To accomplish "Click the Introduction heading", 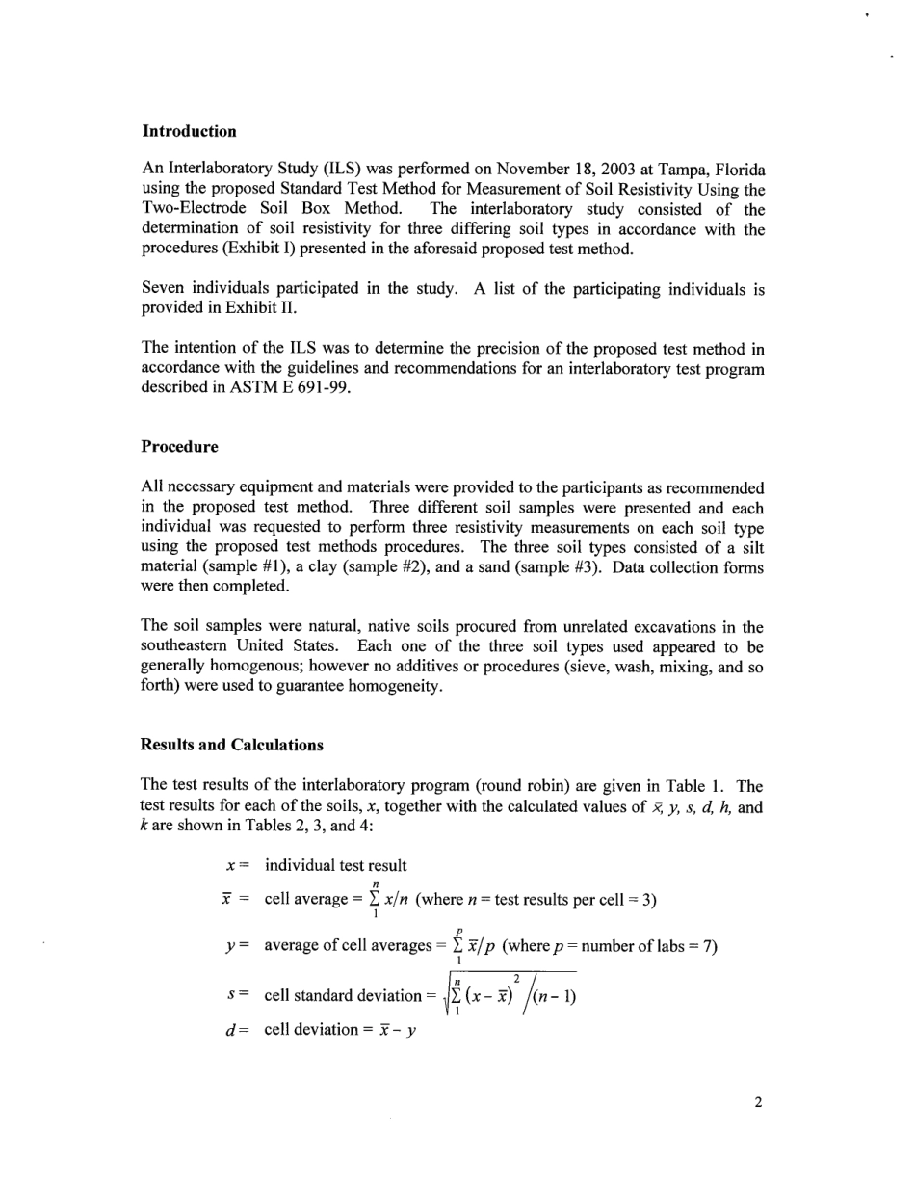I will [x=189, y=131].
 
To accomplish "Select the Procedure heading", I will [x=179, y=447].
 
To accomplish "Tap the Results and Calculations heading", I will [x=231, y=745].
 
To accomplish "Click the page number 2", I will [x=758, y=1103].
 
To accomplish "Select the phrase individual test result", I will [x=335, y=865].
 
